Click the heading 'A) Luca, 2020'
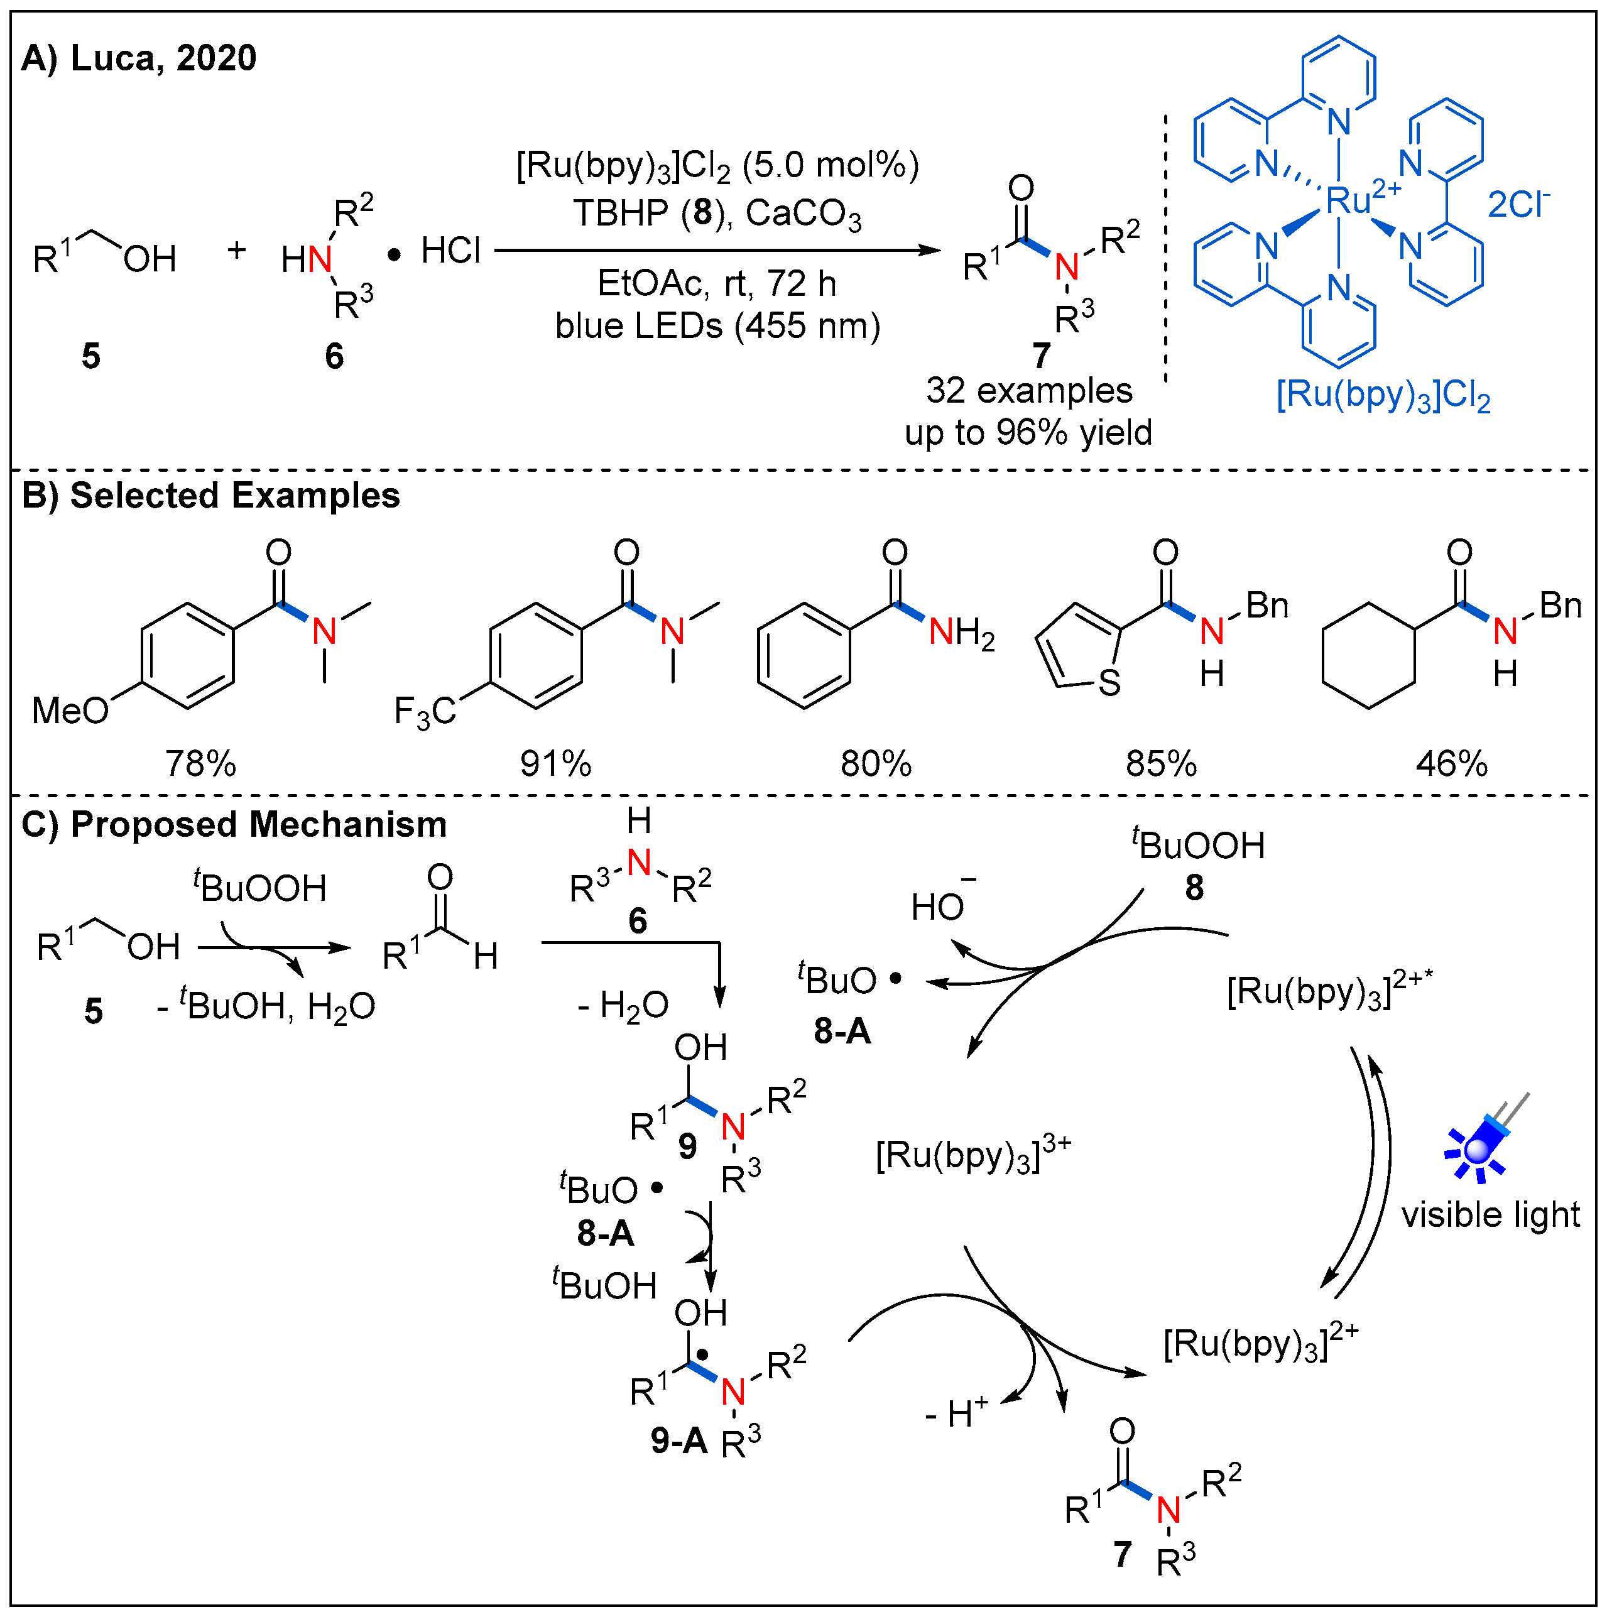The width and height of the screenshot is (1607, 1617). point(138,58)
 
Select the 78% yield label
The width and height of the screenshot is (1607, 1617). point(201,763)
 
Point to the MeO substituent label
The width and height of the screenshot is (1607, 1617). point(70,711)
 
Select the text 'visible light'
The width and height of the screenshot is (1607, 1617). point(1490,1214)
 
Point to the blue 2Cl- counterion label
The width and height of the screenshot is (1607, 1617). point(1517,204)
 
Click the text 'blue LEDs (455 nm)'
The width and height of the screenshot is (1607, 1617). point(717,327)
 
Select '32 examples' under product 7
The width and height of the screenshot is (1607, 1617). point(1028,391)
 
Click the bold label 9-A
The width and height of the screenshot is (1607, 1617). point(678,1440)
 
